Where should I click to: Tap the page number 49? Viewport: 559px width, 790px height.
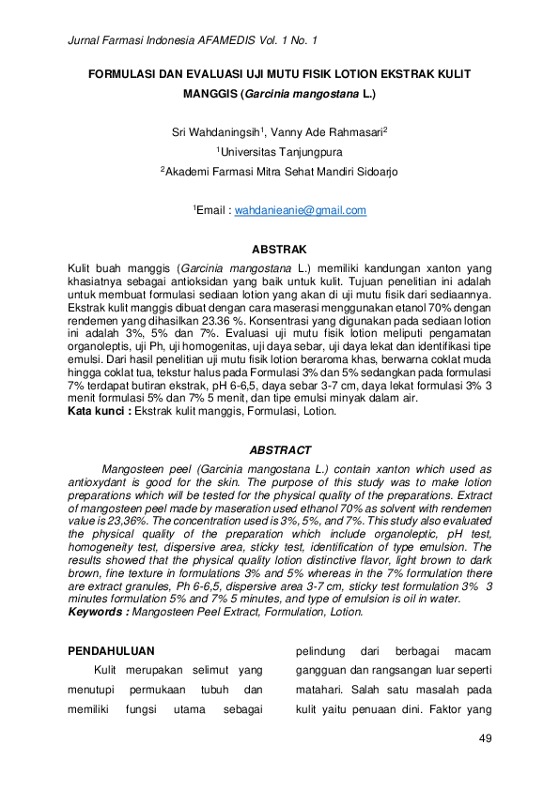coord(485,738)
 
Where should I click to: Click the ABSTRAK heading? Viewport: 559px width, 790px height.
coord(279,250)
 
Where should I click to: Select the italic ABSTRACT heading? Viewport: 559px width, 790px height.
coord(279,451)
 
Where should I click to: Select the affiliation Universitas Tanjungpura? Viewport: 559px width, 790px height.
coord(281,151)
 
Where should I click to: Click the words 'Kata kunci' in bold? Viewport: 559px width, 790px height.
coord(97,412)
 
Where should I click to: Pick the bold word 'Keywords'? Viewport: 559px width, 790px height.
coord(97,612)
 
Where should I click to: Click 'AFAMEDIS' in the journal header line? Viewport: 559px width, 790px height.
coord(233,41)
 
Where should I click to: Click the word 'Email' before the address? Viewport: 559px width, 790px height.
coord(214,211)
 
